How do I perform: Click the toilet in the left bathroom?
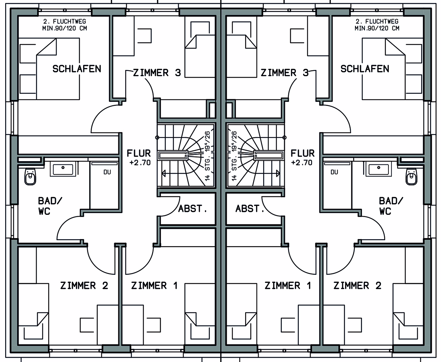coord(30,177)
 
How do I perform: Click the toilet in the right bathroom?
coord(411,177)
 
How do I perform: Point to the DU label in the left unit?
coord(107,172)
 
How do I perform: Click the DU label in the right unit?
coord(334,172)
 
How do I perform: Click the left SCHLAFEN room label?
coord(77,69)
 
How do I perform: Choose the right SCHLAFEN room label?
coord(365,69)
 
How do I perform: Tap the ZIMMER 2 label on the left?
coord(84,285)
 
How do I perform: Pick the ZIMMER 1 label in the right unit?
coord(288,285)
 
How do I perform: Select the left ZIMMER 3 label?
coord(157,73)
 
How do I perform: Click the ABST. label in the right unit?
coord(250,209)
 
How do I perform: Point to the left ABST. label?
coord(193,209)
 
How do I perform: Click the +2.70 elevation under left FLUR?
coord(140,163)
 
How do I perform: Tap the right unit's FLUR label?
coord(302,153)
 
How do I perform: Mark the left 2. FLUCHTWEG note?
coord(65,22)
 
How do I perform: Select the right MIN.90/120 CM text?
coord(377,28)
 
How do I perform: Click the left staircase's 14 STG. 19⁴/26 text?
coord(207,156)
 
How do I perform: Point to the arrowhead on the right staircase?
coord(278,173)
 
